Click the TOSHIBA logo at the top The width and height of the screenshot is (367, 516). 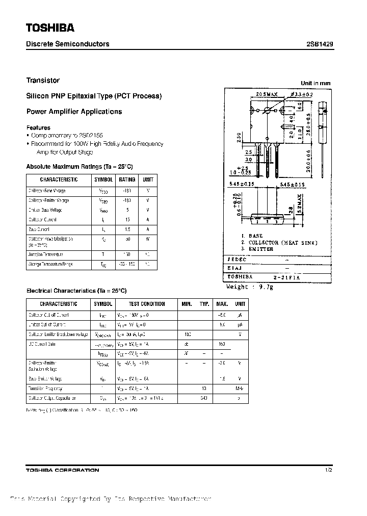click(x=50, y=27)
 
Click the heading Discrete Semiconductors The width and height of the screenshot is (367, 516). click(x=68, y=44)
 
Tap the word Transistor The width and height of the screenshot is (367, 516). click(x=43, y=81)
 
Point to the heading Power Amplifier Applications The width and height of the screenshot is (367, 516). click(x=74, y=112)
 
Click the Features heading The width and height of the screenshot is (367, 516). click(x=38, y=127)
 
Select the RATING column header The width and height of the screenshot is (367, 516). click(x=127, y=180)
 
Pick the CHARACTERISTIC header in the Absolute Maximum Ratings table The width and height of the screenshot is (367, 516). click(x=59, y=180)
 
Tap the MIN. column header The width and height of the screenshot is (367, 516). click(x=187, y=304)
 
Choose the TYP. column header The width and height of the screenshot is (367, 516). click(x=204, y=304)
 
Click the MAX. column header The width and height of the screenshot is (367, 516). click(x=222, y=304)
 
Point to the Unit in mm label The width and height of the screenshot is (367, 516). click(x=316, y=83)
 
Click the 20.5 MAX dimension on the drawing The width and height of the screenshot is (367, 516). click(x=267, y=95)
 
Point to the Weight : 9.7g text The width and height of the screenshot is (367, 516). click(x=250, y=287)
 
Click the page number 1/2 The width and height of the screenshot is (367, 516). click(x=328, y=470)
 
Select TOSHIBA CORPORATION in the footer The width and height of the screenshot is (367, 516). click(x=63, y=470)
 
